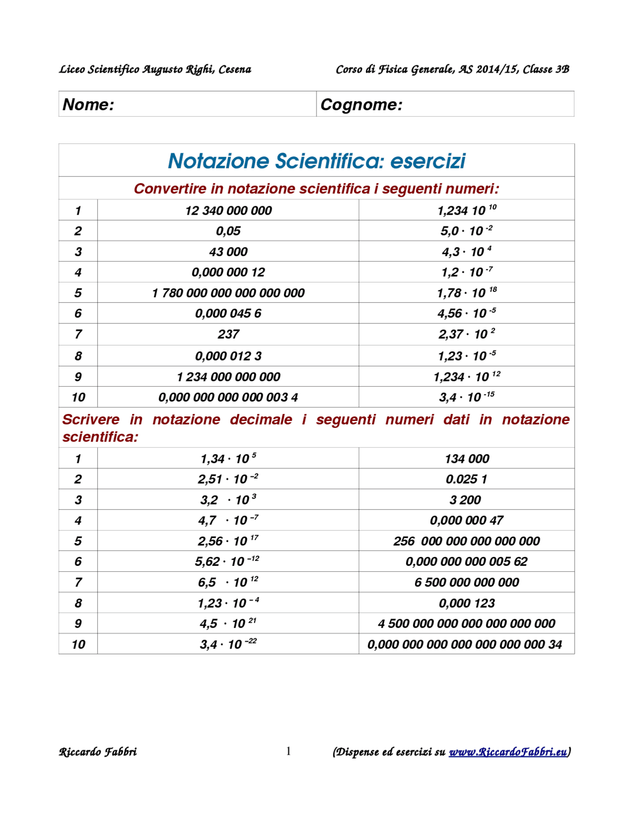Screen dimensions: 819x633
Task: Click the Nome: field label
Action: [88, 104]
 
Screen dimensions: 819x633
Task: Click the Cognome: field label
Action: [362, 104]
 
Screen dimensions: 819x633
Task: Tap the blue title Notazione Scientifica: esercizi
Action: [316, 161]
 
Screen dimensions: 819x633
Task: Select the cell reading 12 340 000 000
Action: [228, 211]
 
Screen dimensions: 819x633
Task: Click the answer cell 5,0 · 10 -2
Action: [466, 231]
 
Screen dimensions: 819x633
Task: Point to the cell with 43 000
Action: [228, 252]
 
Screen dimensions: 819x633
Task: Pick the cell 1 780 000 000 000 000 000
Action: [228, 293]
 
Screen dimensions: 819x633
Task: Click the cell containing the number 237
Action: [228, 334]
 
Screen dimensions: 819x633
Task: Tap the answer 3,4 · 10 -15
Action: [466, 397]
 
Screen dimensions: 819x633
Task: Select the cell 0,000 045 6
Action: [228, 314]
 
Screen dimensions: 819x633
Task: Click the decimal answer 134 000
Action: [466, 459]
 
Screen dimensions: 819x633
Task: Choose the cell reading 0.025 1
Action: [466, 479]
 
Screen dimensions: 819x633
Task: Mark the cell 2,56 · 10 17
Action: [228, 541]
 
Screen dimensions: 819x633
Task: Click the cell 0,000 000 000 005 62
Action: [466, 561]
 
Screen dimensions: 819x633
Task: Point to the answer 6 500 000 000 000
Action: [466, 582]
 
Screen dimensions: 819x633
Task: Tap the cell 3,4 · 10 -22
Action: [228, 644]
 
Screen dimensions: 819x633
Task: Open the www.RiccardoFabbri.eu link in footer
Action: [507, 752]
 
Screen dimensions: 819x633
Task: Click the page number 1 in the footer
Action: [288, 752]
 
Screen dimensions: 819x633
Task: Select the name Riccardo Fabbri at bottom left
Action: [98, 752]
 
